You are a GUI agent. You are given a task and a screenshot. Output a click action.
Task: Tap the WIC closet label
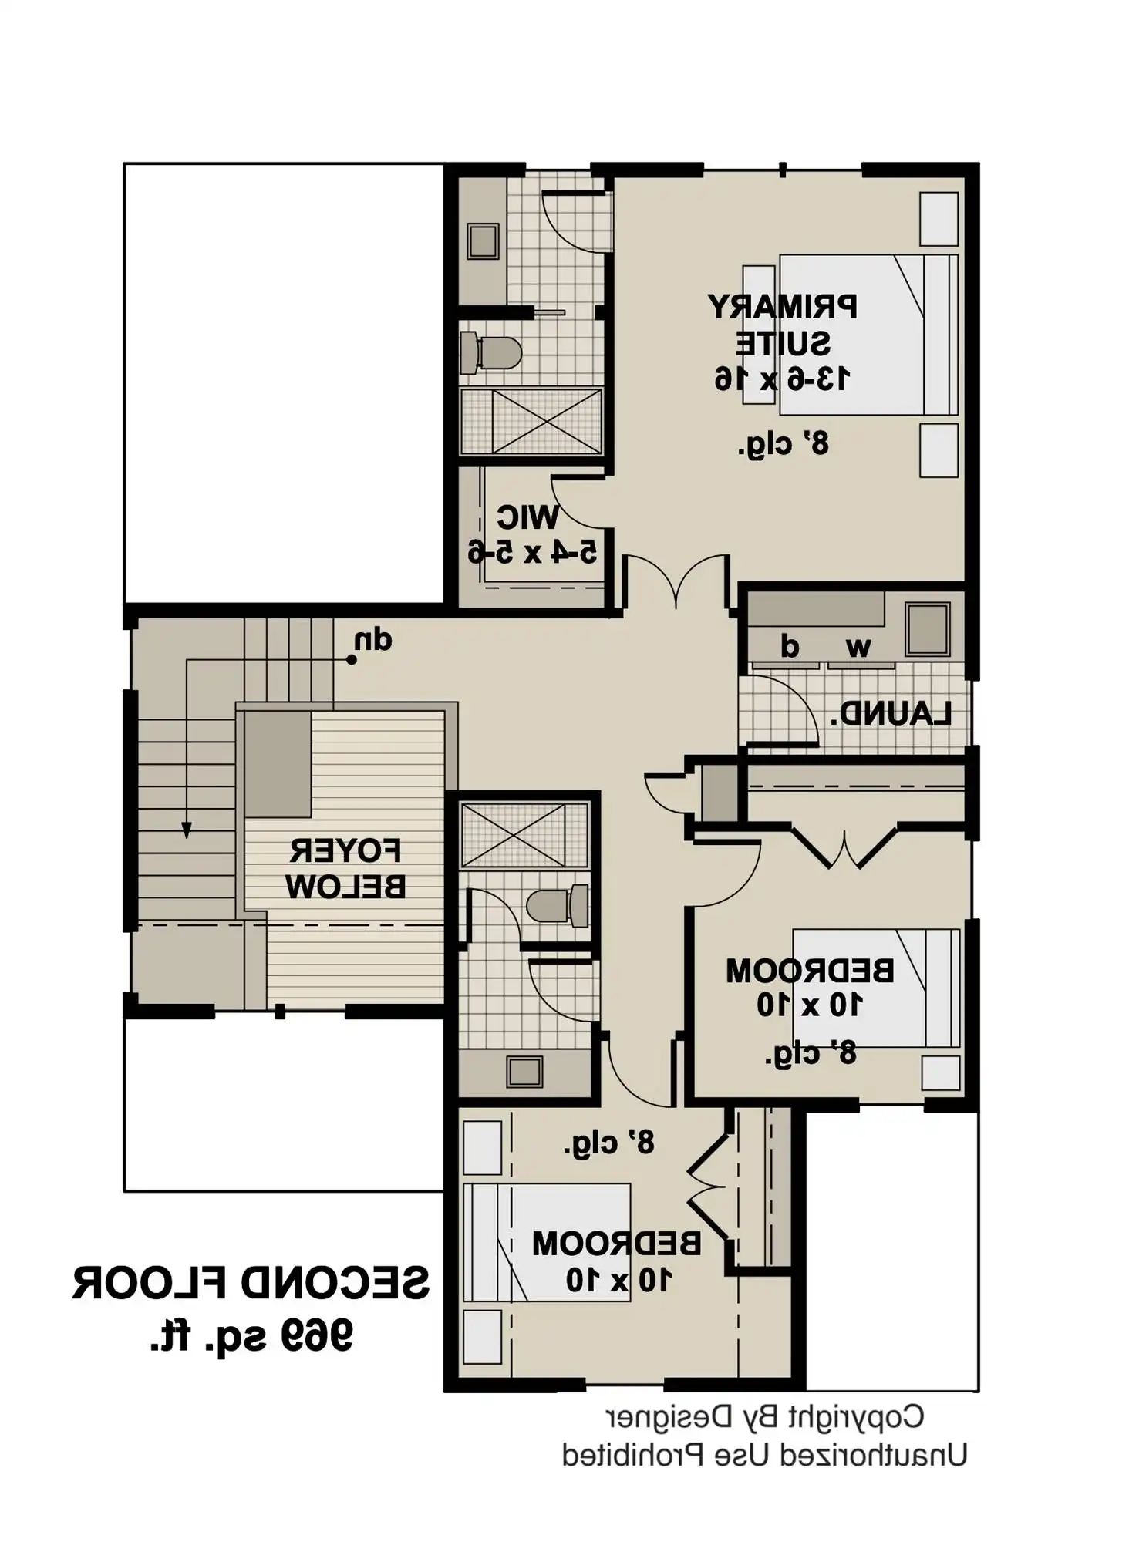pyautogui.click(x=527, y=517)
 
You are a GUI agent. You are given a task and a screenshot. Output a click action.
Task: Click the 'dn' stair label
pyautogui.click(x=373, y=641)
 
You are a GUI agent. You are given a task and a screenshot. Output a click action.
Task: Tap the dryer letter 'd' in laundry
pyautogui.click(x=789, y=646)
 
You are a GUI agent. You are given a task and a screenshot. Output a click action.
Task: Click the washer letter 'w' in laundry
pyautogui.click(x=858, y=647)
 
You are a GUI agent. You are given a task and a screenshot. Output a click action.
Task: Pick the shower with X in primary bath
pyautogui.click(x=531, y=422)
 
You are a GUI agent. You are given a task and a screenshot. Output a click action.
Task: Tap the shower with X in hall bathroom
pyautogui.click(x=524, y=836)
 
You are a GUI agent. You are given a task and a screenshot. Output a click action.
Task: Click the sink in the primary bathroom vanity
pyautogui.click(x=484, y=241)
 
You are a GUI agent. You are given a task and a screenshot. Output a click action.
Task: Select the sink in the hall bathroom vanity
pyautogui.click(x=524, y=1072)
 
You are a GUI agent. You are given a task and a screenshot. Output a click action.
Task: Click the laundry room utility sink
pyautogui.click(x=927, y=629)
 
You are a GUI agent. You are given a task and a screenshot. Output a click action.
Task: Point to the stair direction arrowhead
pyautogui.click(x=187, y=830)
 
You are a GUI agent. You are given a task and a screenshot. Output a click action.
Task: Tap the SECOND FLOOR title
pyautogui.click(x=251, y=1283)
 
